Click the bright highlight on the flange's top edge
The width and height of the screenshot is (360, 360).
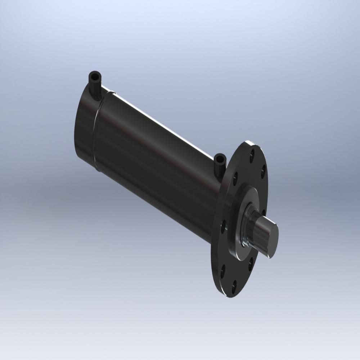click(248, 143)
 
